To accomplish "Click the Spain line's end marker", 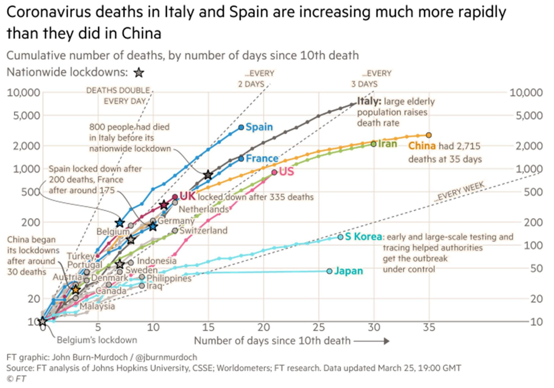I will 241,127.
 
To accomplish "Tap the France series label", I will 262,159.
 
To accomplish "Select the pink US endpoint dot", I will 274,172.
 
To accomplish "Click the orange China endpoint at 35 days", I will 429,135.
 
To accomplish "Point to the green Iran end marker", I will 373,144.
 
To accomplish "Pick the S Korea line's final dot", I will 340,237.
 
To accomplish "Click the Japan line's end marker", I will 329,271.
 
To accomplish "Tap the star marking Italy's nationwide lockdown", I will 208,175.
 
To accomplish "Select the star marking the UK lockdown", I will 164,205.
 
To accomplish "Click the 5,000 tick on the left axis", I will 26,116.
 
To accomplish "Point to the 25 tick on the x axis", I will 319,328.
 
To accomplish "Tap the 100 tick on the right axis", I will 533,246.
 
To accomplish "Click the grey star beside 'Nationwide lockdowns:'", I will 139,73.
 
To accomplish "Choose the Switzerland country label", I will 204,231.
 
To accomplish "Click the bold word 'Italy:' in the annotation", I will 369,101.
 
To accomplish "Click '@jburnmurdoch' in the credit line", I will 166,357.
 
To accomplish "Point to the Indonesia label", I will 157,261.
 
